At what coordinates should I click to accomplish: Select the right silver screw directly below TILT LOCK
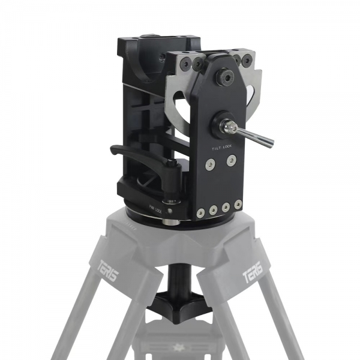point(232,160)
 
